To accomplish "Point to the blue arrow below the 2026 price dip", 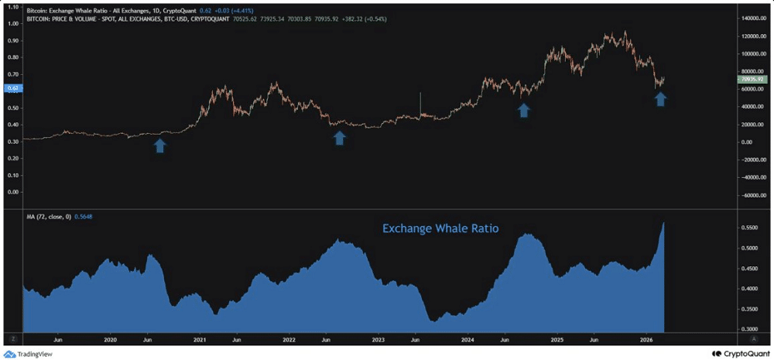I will pos(660,98).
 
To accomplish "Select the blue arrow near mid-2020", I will pos(159,145).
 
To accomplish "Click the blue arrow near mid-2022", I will pos(339,138).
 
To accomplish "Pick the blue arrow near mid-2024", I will pos(523,110).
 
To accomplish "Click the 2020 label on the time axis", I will pos(110,339).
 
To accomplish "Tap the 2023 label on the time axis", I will pos(378,339).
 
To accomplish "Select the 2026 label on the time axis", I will pos(647,339).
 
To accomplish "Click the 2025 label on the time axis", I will pos(557,339).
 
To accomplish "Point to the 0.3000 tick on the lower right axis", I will pos(750,329).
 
